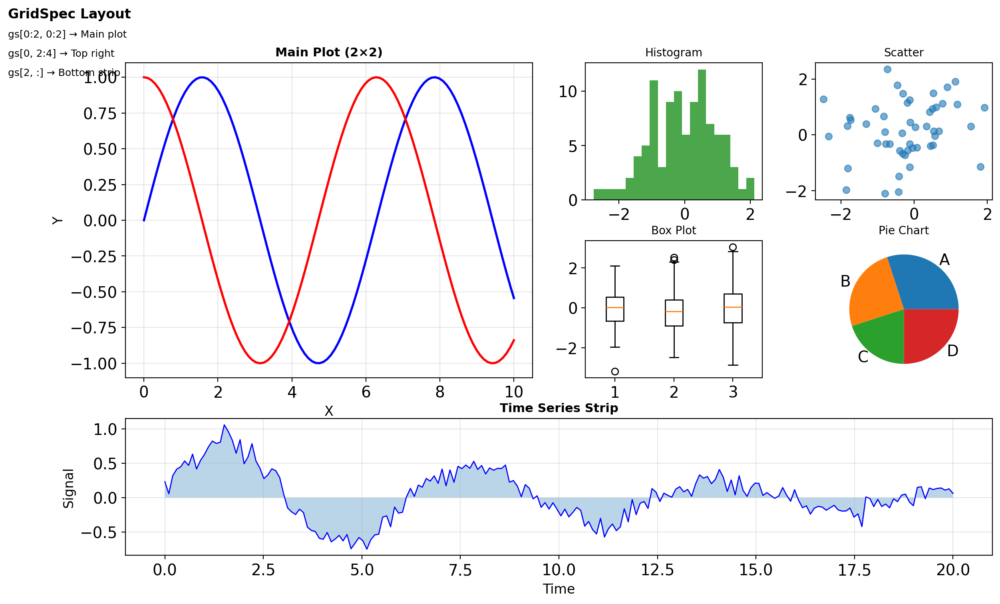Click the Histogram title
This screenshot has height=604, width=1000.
pos(673,53)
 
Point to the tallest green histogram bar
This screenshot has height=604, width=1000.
pos(702,134)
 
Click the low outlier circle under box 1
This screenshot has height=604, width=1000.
pos(615,371)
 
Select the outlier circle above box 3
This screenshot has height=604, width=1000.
pos(733,247)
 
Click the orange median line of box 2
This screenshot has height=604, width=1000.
pos(674,311)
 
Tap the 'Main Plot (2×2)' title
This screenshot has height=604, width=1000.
pos(329,52)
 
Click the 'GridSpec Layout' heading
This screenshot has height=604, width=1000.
pos(70,14)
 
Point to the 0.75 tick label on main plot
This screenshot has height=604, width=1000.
pos(100,114)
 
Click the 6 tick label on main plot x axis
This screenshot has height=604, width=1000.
pos(366,392)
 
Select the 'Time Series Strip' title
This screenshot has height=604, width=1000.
pos(559,408)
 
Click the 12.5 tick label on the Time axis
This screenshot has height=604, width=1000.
pos(657,570)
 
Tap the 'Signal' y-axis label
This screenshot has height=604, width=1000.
pos(68,488)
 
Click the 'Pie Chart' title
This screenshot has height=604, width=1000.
pos(903,230)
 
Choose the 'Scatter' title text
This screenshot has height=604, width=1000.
pos(903,53)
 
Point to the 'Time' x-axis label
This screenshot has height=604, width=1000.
pos(559,589)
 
